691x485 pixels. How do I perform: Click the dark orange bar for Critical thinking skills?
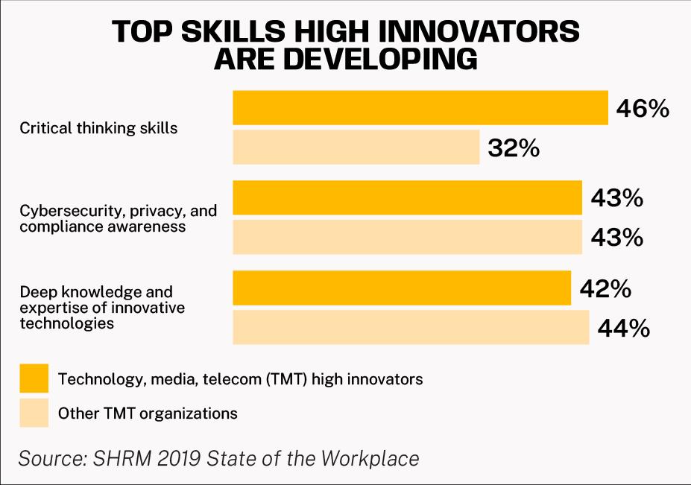[x=420, y=107]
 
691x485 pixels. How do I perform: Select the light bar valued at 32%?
[x=356, y=147]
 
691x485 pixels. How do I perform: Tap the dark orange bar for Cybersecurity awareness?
[x=407, y=197]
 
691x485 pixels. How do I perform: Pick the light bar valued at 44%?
[x=411, y=328]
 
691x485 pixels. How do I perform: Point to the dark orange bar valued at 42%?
[x=402, y=288]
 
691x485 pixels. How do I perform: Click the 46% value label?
[x=643, y=109]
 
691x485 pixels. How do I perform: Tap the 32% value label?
[x=514, y=148]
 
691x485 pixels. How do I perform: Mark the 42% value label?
[x=605, y=288]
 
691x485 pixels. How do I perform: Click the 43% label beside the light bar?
[x=616, y=238]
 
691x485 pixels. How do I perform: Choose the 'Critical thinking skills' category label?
[x=98, y=127]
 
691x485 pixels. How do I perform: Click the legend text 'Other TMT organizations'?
[x=148, y=413]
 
